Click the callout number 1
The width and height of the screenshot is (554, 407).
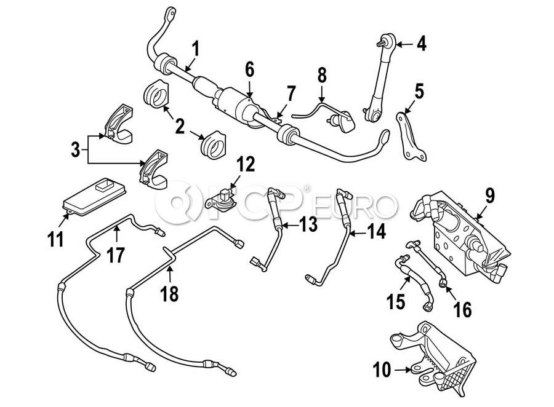195,49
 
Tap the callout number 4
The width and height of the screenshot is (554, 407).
422,44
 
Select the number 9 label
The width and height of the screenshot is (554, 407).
490,196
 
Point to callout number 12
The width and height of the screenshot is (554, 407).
246,165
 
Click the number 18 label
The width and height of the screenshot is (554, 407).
170,294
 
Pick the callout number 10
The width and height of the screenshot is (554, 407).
382,369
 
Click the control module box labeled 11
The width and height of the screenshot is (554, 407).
94,196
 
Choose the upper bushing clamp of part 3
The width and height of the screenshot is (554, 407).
119,124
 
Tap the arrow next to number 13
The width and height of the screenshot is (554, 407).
290,225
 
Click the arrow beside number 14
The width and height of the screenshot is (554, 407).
358,232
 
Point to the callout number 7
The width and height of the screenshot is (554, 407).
291,94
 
